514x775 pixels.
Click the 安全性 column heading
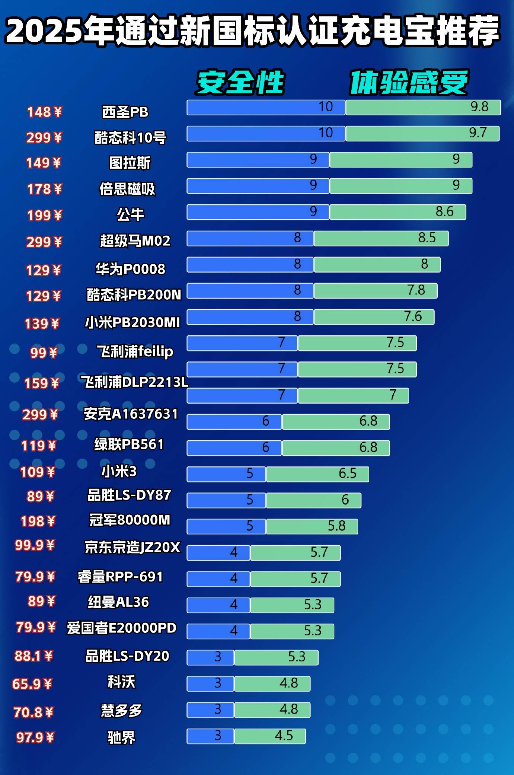click(240, 82)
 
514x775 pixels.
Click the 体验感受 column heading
click(408, 82)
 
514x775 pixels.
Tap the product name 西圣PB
click(125, 112)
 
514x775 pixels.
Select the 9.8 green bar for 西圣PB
click(423, 107)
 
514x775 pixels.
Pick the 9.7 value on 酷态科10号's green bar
click(478, 133)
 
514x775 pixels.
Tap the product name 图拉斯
click(130, 163)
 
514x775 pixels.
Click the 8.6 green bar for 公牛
click(398, 212)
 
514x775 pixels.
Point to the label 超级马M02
click(135, 241)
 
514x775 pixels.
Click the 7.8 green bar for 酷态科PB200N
click(375, 291)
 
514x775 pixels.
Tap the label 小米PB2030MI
click(133, 322)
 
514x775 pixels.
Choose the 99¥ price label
click(44, 353)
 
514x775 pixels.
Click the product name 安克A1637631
click(131, 414)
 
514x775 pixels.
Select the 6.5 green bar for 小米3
click(317, 474)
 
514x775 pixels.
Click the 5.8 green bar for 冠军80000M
click(312, 526)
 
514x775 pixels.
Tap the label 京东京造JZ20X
click(133, 547)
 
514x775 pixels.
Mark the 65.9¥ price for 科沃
click(32, 684)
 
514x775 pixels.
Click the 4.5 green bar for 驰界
click(270, 736)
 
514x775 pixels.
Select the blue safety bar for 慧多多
click(210, 709)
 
